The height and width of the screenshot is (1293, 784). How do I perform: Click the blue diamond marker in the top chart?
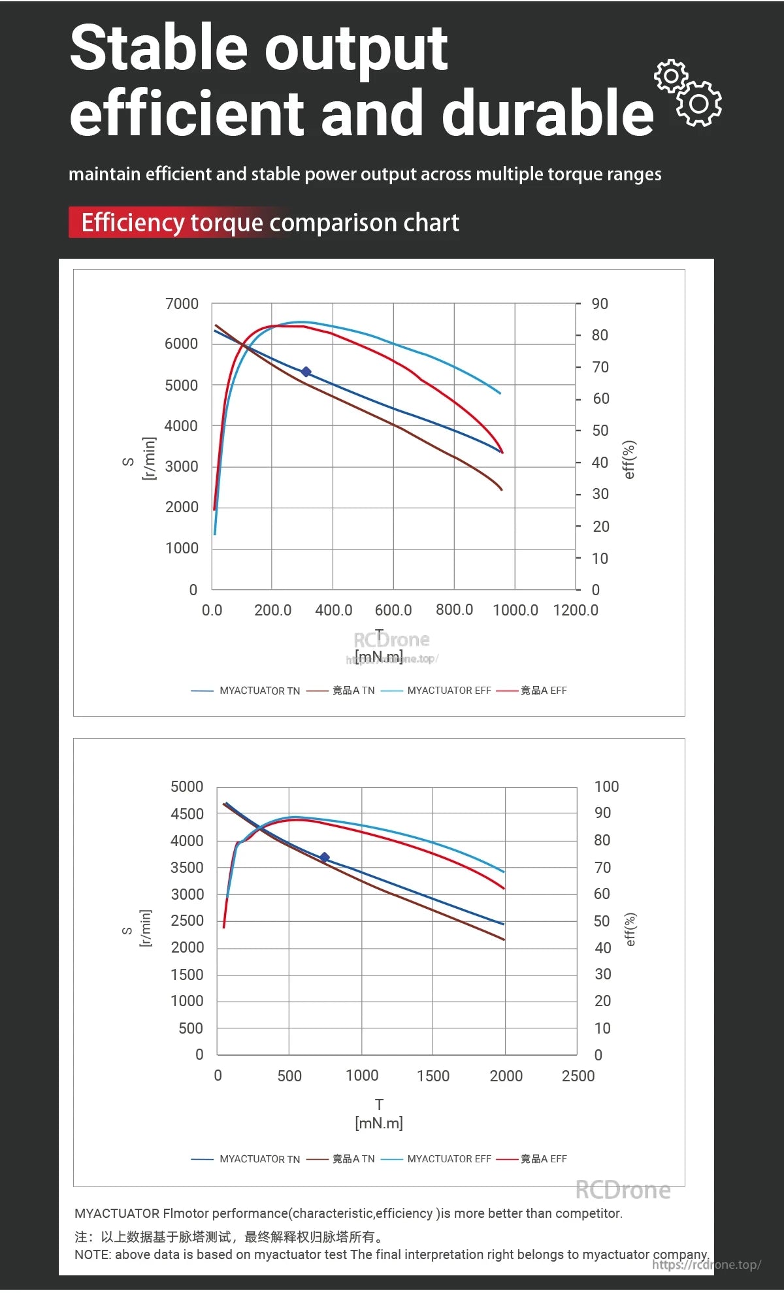coord(306,372)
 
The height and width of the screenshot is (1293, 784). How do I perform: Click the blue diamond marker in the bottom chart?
coord(324,857)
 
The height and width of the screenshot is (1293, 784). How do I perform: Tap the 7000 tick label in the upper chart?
coord(182,304)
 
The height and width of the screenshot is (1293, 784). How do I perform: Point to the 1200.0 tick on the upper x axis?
coord(575,610)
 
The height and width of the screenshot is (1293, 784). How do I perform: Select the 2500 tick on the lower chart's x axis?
coord(578,1076)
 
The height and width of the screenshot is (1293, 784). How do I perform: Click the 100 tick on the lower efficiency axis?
coord(606,787)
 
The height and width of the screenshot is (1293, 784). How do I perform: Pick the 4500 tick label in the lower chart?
coord(187,814)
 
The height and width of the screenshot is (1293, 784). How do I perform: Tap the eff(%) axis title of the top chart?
coord(629,459)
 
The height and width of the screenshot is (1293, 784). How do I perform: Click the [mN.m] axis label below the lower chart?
coord(379,1123)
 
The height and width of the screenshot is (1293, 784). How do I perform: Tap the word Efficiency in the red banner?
coord(133,223)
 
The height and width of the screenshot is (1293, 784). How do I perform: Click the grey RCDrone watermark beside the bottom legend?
coord(623,1190)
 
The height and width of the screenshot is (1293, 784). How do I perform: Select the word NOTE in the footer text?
coord(91,1254)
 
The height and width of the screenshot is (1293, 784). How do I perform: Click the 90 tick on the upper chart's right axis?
coord(599,304)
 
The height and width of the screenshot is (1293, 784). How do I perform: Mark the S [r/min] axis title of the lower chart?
coord(137,928)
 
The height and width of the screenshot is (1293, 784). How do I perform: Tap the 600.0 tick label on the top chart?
coord(393,610)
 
